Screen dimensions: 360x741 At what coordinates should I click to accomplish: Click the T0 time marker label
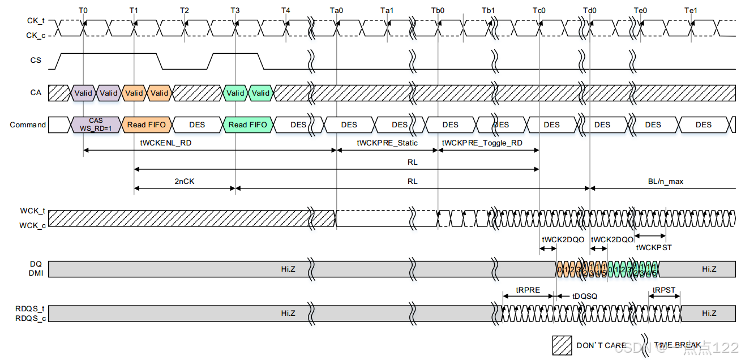click(x=83, y=11)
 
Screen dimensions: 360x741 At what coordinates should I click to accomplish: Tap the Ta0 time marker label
click(x=336, y=11)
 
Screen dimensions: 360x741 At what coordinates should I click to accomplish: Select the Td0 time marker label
click(x=590, y=11)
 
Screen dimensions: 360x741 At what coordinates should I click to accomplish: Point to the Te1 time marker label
click(x=691, y=11)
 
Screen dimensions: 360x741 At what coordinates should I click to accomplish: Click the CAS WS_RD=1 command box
click(x=96, y=125)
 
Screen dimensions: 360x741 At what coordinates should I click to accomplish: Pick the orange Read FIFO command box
click(x=145, y=125)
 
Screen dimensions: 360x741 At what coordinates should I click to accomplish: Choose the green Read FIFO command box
click(x=248, y=125)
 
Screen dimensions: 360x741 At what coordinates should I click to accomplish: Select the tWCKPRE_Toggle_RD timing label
click(x=482, y=143)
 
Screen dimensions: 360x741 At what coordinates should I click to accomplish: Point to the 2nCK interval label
click(x=184, y=182)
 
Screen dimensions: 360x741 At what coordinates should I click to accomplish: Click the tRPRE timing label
click(x=528, y=290)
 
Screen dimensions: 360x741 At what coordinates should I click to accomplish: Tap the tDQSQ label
click(x=585, y=296)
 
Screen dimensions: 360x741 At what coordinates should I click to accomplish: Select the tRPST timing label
click(x=664, y=290)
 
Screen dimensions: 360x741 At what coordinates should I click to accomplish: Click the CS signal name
click(x=36, y=60)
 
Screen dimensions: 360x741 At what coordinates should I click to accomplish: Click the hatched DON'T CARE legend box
click(x=562, y=345)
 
